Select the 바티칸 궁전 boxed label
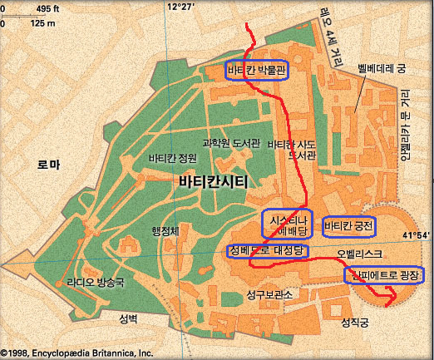point(349,224)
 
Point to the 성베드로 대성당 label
point(268,250)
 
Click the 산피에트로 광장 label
point(384,274)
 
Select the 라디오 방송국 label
point(96,283)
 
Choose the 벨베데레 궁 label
point(380,72)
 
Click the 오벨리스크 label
point(359,252)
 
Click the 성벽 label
point(128,319)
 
